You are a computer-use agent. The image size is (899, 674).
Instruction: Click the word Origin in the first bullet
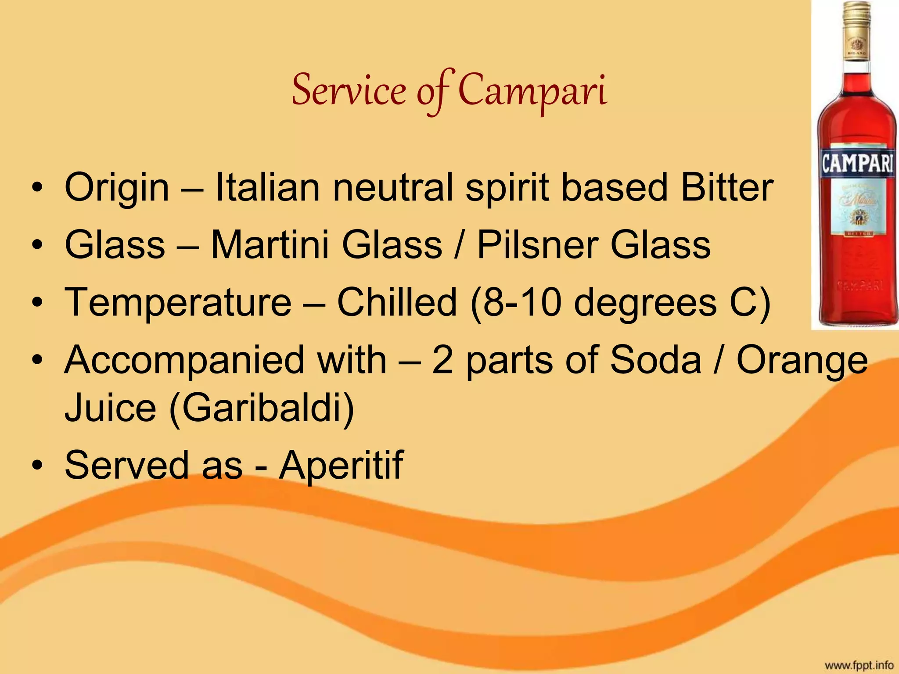117,187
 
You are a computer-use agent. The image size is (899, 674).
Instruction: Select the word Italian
267,187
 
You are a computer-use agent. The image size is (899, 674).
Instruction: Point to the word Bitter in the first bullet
727,187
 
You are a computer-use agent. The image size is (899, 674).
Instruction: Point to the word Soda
656,360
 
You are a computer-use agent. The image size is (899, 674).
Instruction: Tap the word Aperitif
341,465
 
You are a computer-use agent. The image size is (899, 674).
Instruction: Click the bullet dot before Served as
38,465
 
